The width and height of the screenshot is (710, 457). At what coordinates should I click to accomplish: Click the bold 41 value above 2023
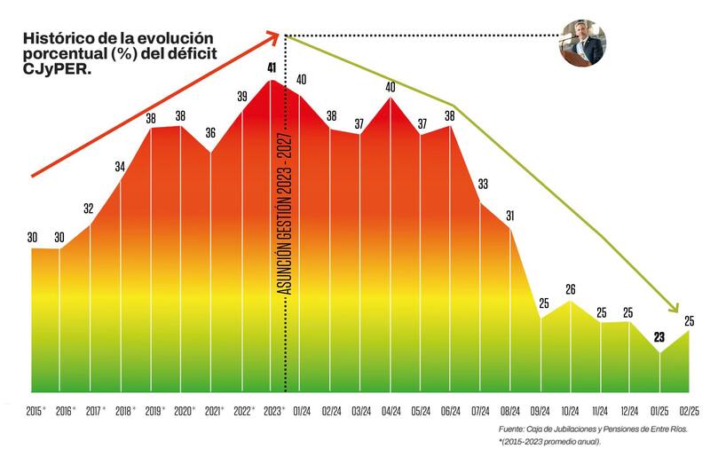click(272, 67)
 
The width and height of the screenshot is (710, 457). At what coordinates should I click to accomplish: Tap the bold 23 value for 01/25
click(659, 337)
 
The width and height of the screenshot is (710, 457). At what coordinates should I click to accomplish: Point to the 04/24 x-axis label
click(390, 412)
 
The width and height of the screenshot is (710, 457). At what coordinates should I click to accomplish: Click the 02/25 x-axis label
click(690, 412)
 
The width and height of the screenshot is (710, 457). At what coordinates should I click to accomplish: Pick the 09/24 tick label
click(540, 412)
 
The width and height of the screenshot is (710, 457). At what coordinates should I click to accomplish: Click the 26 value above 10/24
click(571, 289)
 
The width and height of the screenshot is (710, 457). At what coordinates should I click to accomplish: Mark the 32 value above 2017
click(89, 209)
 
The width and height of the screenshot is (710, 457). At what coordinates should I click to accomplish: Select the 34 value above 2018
click(121, 165)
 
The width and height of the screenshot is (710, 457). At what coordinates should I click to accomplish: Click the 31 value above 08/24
click(510, 216)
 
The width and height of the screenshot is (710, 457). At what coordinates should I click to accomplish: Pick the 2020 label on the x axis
click(183, 412)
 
